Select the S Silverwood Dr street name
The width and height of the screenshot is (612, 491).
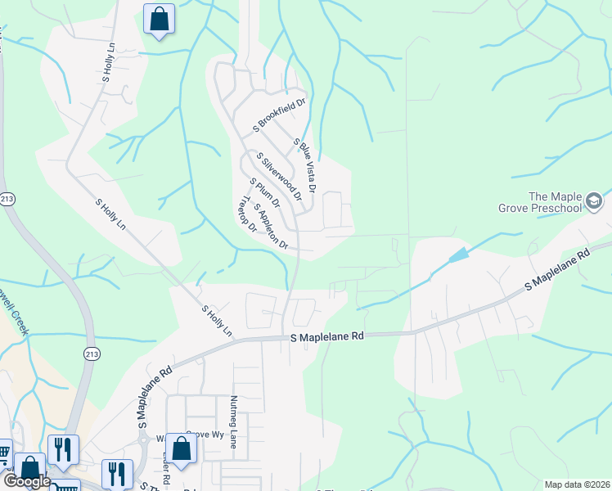point(279,176)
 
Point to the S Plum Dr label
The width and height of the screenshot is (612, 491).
point(264,192)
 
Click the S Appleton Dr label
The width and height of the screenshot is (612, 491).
point(271,227)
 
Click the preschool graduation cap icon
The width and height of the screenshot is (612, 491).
point(595,200)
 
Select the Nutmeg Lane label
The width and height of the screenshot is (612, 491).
point(233,421)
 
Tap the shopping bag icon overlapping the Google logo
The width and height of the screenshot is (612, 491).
point(30,470)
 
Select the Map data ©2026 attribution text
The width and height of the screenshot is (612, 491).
point(576,484)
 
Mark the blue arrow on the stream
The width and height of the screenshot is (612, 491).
point(458,255)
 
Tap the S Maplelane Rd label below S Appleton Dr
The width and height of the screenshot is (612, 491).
point(326,336)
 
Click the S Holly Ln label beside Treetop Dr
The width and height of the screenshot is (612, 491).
point(218,322)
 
